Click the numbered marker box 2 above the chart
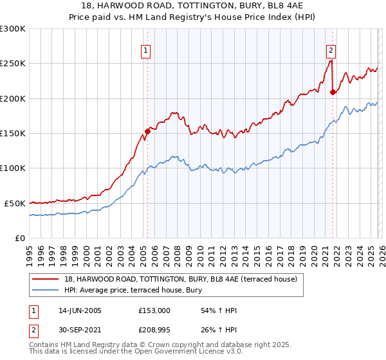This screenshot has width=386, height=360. pos(331,50)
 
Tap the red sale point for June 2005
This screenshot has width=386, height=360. pos(147,131)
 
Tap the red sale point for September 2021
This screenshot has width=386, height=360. pos(333,92)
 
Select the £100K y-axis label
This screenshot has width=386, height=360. pos(13,168)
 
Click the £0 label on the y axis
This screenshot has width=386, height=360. pos(19,238)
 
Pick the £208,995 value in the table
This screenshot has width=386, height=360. pos(154,331)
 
